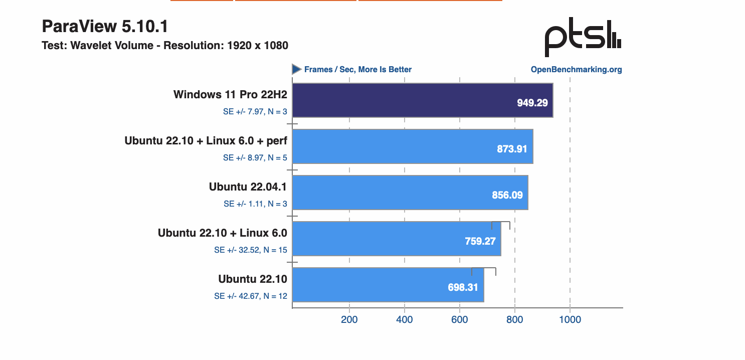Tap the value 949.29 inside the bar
[532, 103]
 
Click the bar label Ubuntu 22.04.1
[248, 187]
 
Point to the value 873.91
[512, 149]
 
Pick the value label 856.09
[507, 195]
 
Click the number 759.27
[480, 241]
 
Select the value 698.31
[463, 288]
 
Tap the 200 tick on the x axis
[349, 319]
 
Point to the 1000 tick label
[570, 319]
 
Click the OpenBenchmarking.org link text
[576, 70]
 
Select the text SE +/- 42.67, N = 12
[251, 296]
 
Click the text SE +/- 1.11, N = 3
[255, 204]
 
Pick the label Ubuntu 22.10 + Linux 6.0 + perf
[206, 141]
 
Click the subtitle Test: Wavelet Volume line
[165, 46]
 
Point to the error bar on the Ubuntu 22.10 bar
[484, 271]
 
